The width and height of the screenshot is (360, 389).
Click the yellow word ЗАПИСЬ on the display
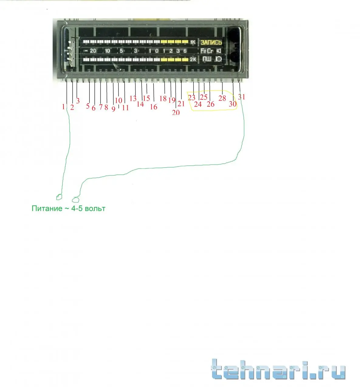pos(211,42)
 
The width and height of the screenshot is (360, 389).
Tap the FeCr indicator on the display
pos(207,51)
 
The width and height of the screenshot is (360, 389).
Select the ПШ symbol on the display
pos(207,59)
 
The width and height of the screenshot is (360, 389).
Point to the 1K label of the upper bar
pos(193,42)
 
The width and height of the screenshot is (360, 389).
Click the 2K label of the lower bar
pos(193,59)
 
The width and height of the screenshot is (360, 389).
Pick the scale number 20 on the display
pos(93,51)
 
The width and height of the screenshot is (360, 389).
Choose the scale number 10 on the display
pos(107,51)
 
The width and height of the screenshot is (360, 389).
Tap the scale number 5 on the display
pos(121,51)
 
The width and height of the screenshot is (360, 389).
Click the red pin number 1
pos(63,107)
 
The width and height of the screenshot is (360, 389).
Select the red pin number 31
pos(242,97)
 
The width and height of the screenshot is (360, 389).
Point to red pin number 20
pos(176,112)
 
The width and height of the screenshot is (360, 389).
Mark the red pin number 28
pos(222,98)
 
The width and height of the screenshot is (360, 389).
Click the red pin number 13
pos(133,98)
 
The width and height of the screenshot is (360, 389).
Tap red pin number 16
pos(153,107)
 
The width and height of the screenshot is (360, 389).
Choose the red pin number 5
pos(88,106)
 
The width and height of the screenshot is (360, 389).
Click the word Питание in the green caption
pos(47,208)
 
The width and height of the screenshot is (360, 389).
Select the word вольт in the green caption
pos(95,208)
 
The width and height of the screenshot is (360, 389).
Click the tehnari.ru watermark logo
pos(278,370)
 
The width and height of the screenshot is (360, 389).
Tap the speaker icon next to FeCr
pos(219,51)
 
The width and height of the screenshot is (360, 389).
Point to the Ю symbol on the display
pos(218,59)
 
